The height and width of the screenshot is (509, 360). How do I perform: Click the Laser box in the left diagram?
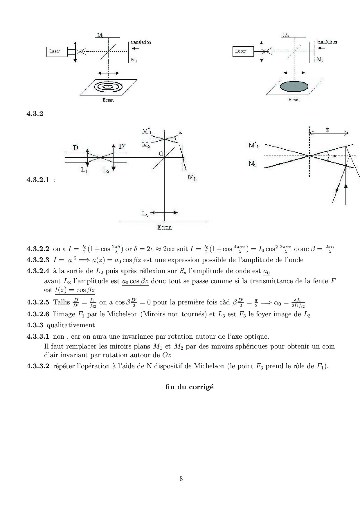(57, 52)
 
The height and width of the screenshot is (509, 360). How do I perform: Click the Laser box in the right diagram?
(243, 51)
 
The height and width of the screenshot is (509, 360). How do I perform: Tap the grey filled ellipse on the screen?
(294, 86)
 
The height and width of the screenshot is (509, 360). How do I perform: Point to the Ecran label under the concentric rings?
(108, 100)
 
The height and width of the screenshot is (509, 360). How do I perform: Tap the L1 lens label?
(84, 171)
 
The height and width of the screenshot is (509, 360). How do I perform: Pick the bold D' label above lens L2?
(122, 147)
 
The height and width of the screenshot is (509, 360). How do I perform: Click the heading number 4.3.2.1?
(38, 180)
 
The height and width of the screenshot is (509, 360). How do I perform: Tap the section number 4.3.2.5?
(38, 302)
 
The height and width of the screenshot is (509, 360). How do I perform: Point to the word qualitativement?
(71, 326)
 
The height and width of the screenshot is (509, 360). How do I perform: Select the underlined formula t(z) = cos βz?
(75, 290)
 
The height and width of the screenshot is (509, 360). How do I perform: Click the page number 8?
(181, 479)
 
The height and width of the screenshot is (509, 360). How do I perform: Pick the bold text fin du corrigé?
(190, 387)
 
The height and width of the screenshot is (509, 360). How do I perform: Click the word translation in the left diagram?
(141, 42)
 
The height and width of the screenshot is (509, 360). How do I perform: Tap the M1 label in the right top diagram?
(320, 59)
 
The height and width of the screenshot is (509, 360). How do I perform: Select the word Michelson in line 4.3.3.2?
(209, 366)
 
